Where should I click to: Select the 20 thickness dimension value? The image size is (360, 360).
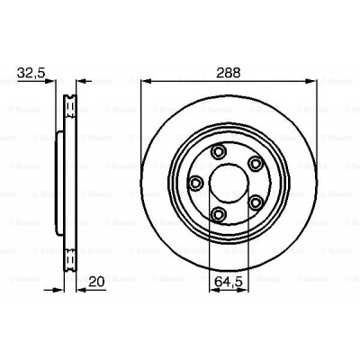96,282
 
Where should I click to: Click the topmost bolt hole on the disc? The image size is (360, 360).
220,151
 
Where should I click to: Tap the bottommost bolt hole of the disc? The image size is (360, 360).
219,212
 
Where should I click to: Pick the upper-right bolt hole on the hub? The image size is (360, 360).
256,163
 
